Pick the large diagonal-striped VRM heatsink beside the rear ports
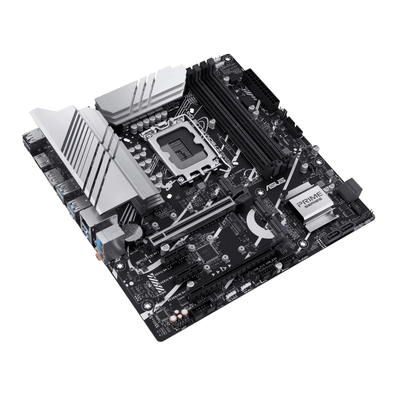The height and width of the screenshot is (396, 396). pos(94,153)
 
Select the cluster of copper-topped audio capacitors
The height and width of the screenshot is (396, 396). pos(178,313)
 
